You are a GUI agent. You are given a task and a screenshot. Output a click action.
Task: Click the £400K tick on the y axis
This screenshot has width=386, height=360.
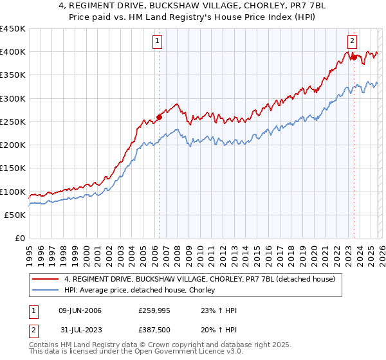click(x=13, y=52)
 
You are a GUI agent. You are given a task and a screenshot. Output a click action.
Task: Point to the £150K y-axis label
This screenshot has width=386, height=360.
click(x=13, y=168)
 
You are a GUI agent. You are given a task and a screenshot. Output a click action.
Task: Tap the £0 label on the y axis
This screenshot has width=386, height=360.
click(x=21, y=239)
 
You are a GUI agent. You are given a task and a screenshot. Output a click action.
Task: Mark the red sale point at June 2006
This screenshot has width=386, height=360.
click(x=159, y=117)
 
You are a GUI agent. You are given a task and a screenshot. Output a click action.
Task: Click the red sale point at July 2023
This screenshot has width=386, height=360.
click(x=354, y=58)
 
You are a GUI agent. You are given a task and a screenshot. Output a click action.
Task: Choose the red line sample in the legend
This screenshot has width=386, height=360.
click(x=46, y=280)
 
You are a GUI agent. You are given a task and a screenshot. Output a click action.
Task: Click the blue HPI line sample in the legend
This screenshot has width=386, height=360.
click(x=46, y=291)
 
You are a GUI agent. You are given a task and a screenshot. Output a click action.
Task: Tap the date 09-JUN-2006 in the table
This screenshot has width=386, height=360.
click(x=80, y=310)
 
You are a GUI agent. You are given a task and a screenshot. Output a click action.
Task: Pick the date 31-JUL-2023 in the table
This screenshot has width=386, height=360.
click(x=80, y=330)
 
